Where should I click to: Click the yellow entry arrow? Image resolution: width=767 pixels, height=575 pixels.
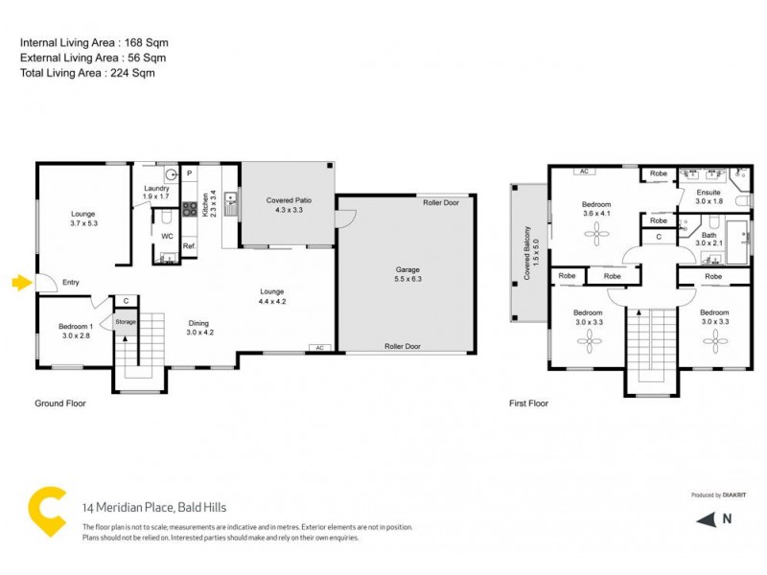point(21,282)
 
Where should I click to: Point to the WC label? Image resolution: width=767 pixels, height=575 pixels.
point(167,235)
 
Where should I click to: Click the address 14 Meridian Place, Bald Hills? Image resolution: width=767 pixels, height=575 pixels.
point(154,508)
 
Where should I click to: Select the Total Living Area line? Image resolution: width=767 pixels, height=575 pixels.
point(87,73)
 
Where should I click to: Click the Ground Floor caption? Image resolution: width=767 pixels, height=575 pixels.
point(60,403)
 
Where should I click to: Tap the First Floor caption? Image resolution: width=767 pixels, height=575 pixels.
point(528,403)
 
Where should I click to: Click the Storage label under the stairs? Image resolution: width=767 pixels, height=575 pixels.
point(127,322)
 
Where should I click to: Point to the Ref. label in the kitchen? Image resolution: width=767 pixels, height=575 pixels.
point(189,245)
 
